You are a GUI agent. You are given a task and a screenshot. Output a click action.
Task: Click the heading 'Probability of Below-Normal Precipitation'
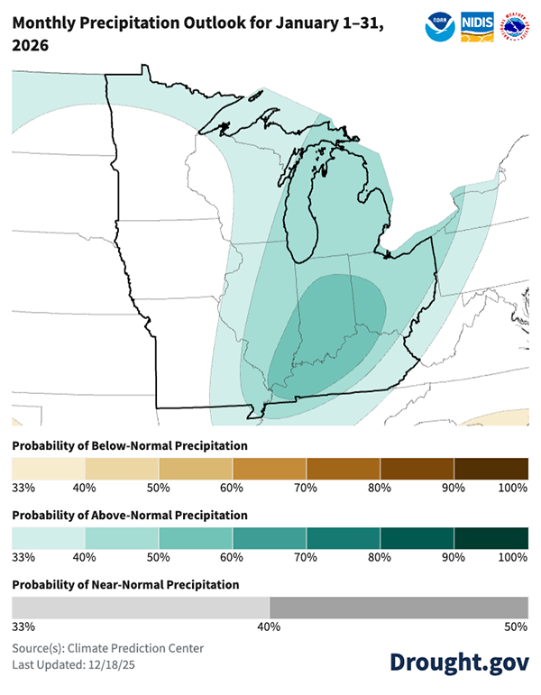[130, 445]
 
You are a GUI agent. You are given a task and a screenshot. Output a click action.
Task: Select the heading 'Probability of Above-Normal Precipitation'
[130, 515]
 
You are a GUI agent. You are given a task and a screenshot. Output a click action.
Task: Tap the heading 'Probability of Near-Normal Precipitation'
[125, 584]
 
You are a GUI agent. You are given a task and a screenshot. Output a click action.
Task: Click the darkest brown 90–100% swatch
[491, 469]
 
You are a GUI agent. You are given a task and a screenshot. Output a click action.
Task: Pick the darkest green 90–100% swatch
[491, 538]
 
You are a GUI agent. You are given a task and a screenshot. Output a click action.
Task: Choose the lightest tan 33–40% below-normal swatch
[49, 469]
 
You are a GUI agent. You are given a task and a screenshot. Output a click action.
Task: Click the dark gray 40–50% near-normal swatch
[399, 608]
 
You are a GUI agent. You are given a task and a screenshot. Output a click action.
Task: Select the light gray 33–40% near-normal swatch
[140, 608]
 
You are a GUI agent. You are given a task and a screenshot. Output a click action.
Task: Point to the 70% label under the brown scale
[305, 488]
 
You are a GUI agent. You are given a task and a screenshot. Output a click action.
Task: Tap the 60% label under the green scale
[232, 557]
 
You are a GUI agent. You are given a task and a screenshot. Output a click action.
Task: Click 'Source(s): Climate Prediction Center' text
[108, 648]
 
